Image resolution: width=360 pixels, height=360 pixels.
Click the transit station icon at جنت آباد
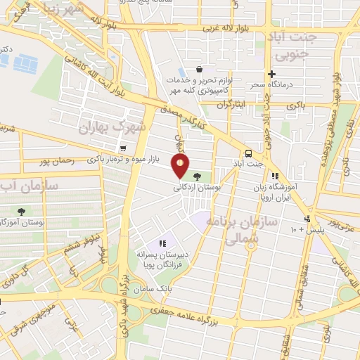coord(248,153)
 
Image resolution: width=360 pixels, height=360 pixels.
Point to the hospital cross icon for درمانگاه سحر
coord(271,74)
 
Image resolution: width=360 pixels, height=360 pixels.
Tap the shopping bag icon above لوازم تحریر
coord(200,70)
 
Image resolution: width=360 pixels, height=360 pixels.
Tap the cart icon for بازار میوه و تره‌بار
coord(124,148)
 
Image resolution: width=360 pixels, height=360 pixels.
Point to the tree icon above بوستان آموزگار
coord(22,210)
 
